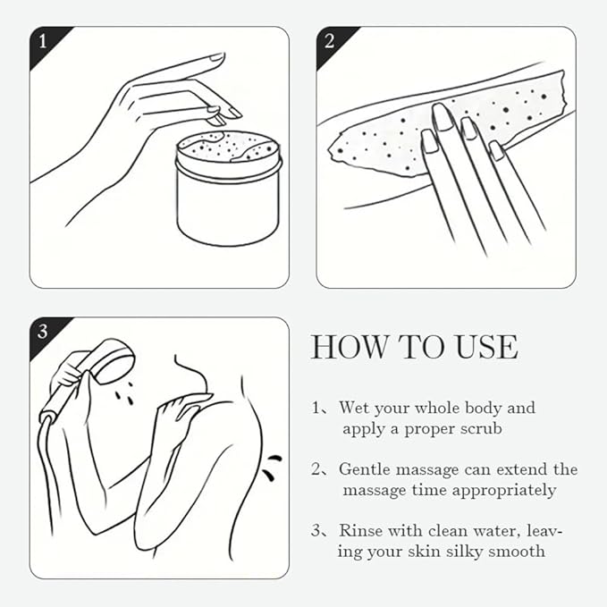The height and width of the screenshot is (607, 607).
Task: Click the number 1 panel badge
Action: coord(43,42)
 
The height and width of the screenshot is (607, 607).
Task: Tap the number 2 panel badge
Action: coord(330,42)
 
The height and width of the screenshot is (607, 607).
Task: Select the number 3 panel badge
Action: coord(43,333)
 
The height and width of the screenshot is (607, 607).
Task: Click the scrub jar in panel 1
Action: coord(228,189)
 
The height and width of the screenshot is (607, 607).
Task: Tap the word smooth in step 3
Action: coord(517,552)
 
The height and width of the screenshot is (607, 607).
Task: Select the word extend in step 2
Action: coord(522,469)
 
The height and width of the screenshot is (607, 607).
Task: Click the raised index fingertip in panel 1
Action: coord(215,58)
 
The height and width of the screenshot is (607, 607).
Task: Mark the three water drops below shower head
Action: coord(124,394)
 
